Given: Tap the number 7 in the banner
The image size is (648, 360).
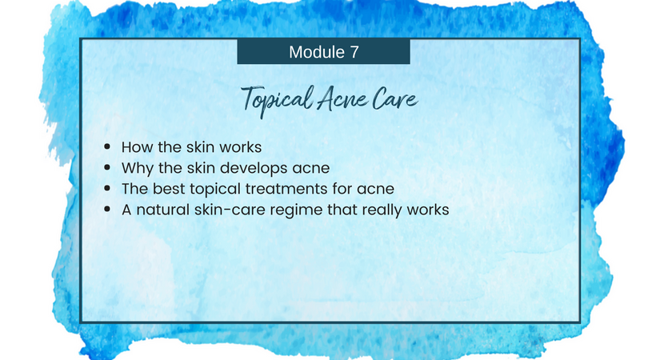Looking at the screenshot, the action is click(x=354, y=52).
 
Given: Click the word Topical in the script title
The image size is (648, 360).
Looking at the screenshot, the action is click(x=278, y=100).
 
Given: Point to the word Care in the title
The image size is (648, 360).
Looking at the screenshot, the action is click(x=394, y=100).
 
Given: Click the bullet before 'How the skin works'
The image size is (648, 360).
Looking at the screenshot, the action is click(x=107, y=146).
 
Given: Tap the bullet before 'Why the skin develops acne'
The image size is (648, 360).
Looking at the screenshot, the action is click(x=107, y=167).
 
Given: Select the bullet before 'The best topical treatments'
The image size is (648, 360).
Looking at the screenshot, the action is click(x=107, y=189).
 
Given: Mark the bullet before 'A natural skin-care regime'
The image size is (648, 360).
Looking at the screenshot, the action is click(x=107, y=209).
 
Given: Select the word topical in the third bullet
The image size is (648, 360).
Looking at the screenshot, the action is click(x=215, y=190).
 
